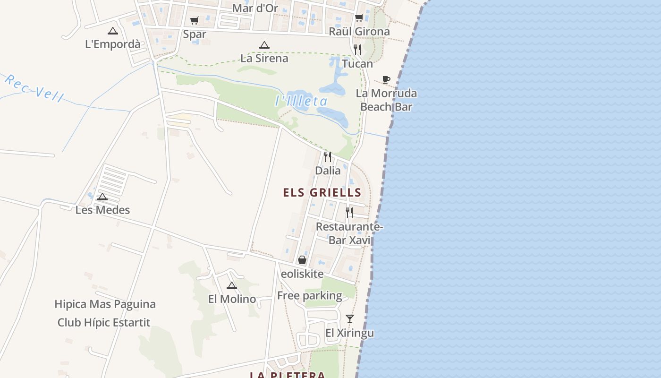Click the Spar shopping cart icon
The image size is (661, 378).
coord(194,20)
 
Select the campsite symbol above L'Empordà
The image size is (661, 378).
coord(112,31)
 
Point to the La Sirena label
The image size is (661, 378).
coord(264,58)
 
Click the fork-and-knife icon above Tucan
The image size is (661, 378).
coord(357,49)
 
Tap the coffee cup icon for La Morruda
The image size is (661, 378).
coord(386,79)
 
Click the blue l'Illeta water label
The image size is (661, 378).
coord(301,101)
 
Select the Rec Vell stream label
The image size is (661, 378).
coord(34,88)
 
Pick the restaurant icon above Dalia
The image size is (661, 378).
coord(328,156)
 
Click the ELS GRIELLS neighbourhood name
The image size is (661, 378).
coord(322,193)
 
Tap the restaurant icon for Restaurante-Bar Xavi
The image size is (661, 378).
coord(349,212)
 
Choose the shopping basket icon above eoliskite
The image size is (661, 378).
coord(302,260)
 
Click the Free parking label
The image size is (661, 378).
coord(310,296)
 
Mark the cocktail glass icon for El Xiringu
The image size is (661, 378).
coord(349,319)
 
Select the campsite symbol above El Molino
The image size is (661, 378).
coord(231,285)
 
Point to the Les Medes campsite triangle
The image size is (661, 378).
coord(102,197)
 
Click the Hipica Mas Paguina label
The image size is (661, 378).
coord(105,304)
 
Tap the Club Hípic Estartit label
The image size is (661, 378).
coord(104,323)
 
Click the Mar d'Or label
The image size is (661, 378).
coord(255,8)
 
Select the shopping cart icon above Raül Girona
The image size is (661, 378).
coord(359,18)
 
